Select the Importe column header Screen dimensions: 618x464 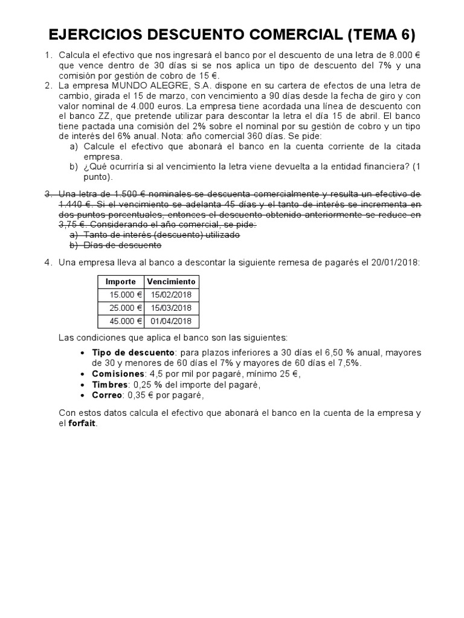tap(120, 282)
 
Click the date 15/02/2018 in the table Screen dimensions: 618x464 tap(171, 295)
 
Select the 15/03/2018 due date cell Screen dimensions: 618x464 tap(171, 308)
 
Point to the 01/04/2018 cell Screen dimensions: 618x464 tap(171, 321)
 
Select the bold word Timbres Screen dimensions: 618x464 tap(110, 384)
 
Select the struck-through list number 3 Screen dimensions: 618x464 tap(48, 194)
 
